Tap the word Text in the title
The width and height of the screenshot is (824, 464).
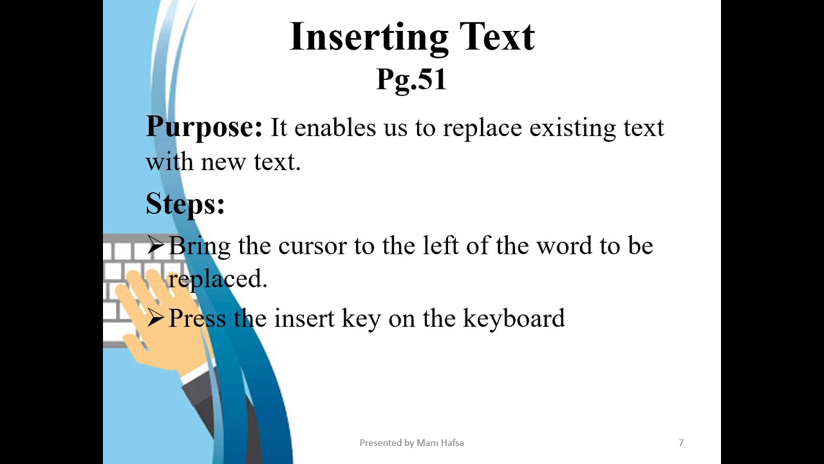(496, 37)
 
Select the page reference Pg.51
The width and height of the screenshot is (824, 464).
(411, 79)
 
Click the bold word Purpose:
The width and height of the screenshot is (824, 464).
(204, 127)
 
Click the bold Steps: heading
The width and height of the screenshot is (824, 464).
(185, 204)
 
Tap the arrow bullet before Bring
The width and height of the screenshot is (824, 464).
(156, 245)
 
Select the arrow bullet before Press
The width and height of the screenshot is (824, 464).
(156, 318)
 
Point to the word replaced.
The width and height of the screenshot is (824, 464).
(218, 279)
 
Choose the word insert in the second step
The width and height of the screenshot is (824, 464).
(304, 318)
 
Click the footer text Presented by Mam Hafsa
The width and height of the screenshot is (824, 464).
(411, 443)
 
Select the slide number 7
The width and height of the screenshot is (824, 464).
(681, 443)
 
